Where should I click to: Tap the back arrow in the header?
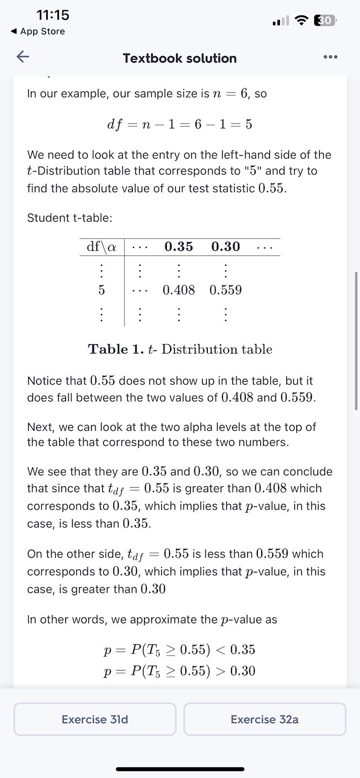23,57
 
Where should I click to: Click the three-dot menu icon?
330,57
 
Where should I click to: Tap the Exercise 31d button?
95,719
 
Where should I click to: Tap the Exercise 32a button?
265,719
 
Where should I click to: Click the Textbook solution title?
180,58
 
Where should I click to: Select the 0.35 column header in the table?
179,247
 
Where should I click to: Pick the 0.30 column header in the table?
225,247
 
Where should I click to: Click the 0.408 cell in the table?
179,290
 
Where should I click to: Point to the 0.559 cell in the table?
225,290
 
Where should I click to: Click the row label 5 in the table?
101,290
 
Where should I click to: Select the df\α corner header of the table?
102,247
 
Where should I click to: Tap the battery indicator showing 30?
325,20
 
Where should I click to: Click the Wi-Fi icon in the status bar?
302,20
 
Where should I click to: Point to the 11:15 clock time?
53,15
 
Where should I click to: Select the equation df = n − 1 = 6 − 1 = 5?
180,124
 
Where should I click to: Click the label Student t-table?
70,218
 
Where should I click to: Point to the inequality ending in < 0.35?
180,650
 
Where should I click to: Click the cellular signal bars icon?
281,21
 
